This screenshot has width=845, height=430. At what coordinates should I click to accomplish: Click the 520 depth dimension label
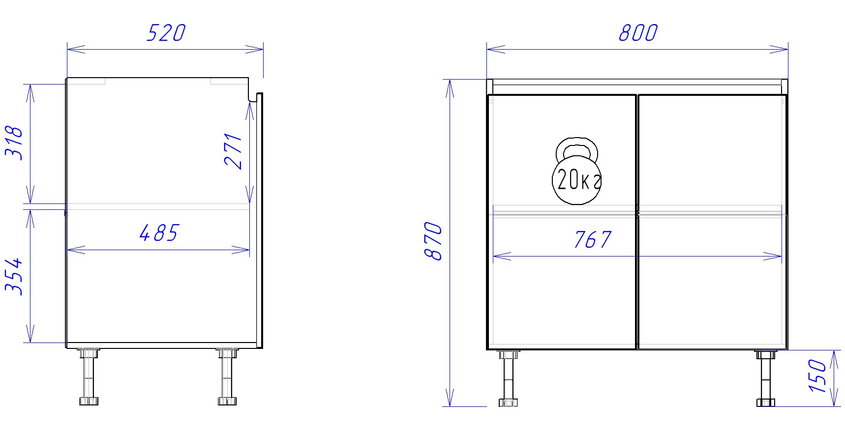166,33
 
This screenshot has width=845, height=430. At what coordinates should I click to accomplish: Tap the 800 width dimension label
638,33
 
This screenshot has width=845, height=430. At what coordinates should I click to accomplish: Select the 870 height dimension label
433,241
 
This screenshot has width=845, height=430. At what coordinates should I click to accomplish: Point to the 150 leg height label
817,376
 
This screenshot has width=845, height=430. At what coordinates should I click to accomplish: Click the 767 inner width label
593,240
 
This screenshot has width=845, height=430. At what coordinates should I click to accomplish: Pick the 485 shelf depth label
159,233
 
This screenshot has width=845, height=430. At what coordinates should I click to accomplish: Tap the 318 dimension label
14,143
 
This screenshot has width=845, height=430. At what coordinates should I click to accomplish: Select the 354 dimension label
14,276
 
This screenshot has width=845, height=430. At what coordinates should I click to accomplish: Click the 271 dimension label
233,151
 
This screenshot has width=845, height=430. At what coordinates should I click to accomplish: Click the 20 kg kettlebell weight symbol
577,171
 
